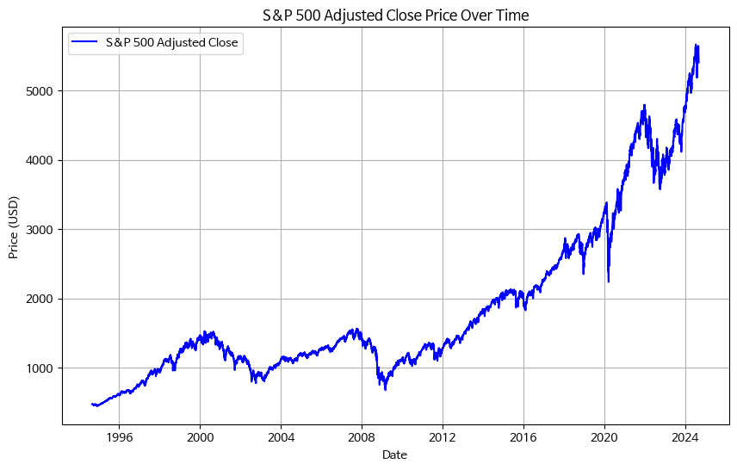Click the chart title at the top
click(x=395, y=15)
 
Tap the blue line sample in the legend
click(x=86, y=41)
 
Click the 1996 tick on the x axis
click(x=119, y=437)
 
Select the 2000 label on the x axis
click(x=200, y=437)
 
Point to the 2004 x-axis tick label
click(x=281, y=437)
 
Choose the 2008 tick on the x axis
click(x=362, y=437)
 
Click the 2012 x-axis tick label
click(x=443, y=437)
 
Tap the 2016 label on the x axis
click(x=523, y=437)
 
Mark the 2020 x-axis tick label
click(x=604, y=437)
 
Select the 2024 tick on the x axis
click(x=685, y=437)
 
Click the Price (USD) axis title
click(x=14, y=226)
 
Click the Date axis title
click(x=394, y=455)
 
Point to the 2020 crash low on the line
click(x=609, y=281)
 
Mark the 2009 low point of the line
click(x=385, y=389)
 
